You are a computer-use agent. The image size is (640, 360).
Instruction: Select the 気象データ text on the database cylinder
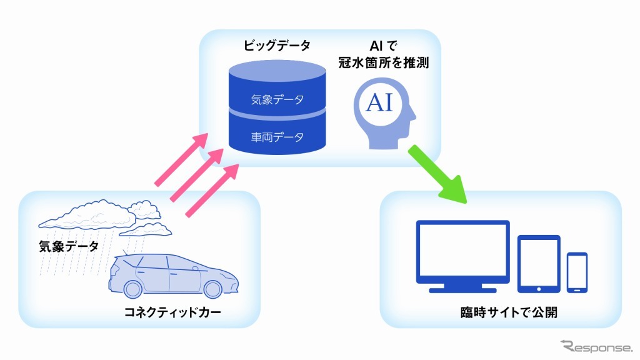pyautogui.click(x=277, y=99)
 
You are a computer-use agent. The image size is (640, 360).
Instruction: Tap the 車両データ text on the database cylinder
pyautogui.click(x=277, y=137)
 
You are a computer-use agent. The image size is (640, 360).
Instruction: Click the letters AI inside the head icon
pyautogui.click(x=379, y=102)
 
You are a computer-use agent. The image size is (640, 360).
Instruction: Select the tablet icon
pyautogui.click(x=539, y=263)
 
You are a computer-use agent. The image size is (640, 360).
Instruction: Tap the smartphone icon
pyautogui.click(x=577, y=272)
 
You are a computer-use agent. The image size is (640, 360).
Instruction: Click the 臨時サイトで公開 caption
pyautogui.click(x=505, y=312)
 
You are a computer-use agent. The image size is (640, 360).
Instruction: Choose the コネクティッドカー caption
pyautogui.click(x=173, y=312)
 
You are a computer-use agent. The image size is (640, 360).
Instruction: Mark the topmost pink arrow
pyautogui.click(x=181, y=160)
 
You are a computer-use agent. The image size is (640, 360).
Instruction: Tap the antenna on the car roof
pyautogui.click(x=125, y=253)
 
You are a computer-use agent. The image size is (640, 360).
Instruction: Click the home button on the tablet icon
pyautogui.click(x=539, y=288)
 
